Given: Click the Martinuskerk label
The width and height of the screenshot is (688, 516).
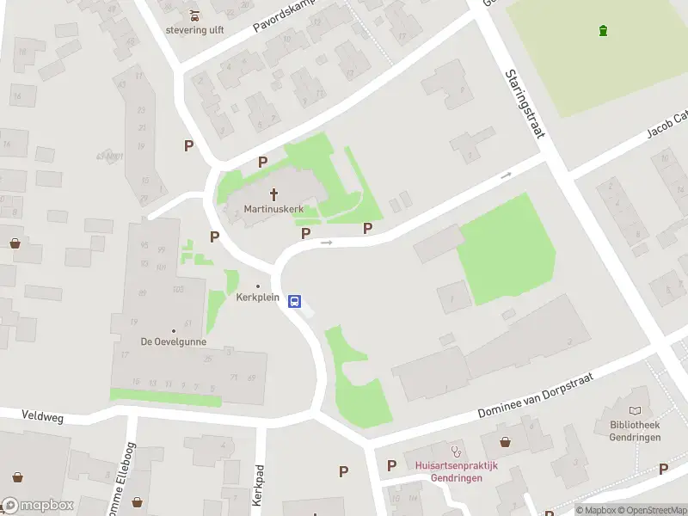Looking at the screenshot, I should click(274, 209).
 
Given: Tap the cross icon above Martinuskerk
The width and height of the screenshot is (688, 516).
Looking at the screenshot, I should click(275, 194).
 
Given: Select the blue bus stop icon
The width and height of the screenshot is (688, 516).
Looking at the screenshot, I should click(294, 301).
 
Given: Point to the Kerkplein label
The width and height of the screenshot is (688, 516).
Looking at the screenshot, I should click(257, 298).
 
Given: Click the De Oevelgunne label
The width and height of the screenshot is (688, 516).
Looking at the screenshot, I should click(173, 341).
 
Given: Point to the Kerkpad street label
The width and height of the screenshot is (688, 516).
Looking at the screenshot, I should click(256, 487).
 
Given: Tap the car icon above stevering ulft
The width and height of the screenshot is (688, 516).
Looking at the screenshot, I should click(194, 15).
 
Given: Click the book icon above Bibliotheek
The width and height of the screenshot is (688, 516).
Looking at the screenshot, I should click(636, 412).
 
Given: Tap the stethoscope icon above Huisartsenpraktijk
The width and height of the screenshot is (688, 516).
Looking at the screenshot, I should click(457, 450).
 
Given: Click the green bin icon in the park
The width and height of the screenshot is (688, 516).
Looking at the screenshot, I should click(603, 31).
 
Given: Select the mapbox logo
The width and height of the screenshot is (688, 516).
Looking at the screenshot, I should click(38, 505).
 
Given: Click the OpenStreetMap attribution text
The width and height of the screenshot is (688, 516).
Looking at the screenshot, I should click(654, 510).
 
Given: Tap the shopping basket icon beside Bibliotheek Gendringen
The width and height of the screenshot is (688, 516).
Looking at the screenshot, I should click(507, 442).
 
